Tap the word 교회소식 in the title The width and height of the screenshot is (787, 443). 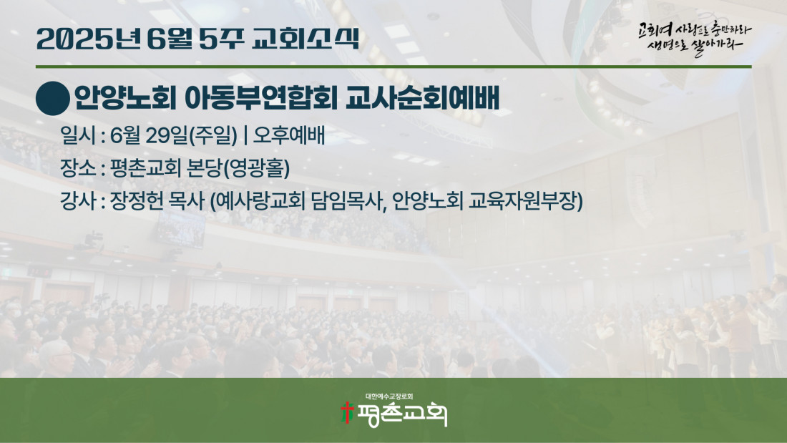[305, 39]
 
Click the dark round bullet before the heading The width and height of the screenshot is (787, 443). [53, 99]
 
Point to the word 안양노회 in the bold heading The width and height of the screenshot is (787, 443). [125, 98]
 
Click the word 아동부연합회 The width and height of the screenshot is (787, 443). [261, 98]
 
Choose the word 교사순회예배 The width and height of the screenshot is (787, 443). [423, 98]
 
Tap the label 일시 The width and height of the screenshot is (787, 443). [78, 135]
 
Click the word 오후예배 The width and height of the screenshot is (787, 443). [289, 135]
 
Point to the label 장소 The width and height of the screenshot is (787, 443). [78, 168]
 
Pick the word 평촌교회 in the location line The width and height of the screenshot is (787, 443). [145, 168]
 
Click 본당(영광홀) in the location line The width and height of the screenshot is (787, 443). [238, 168]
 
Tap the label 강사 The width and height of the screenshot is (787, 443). [78, 201]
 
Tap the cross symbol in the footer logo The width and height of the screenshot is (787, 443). [347, 412]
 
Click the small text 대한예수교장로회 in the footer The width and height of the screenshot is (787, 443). [389, 396]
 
